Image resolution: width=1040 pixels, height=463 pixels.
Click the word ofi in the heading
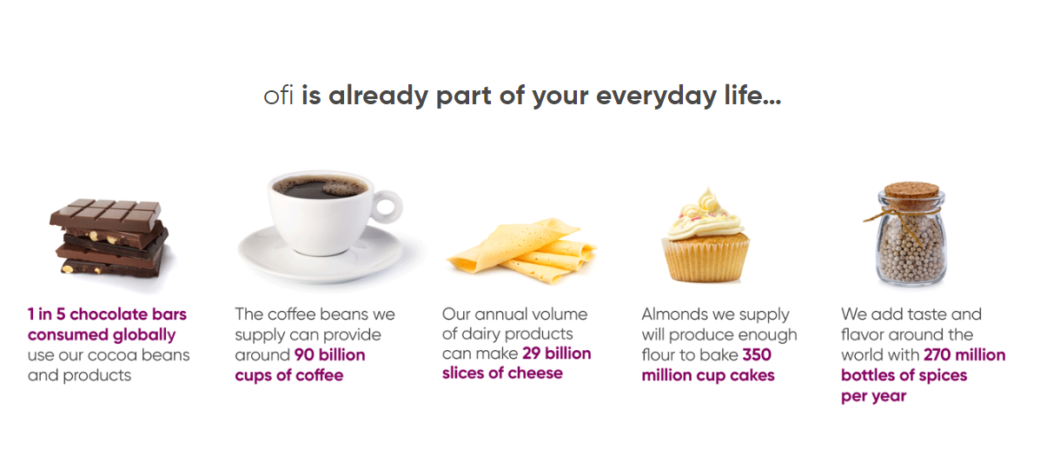(279, 96)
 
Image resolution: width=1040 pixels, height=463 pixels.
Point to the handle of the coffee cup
(387, 206)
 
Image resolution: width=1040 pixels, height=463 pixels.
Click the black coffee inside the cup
(321, 187)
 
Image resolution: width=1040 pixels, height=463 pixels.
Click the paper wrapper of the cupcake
(705, 260)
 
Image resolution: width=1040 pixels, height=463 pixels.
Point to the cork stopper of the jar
(911, 189)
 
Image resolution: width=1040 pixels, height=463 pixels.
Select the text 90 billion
(329, 355)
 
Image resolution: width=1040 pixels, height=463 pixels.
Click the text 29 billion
(556, 353)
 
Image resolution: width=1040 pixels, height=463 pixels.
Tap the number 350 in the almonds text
(757, 355)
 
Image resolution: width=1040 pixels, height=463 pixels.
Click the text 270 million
(964, 355)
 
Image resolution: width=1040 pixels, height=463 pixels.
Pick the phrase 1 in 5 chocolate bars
(107, 314)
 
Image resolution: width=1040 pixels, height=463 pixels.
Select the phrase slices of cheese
(502, 374)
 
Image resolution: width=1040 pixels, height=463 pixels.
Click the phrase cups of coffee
(289, 375)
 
